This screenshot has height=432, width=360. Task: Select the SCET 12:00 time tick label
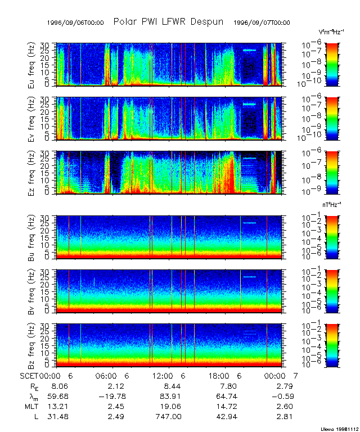coord(163,376)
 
